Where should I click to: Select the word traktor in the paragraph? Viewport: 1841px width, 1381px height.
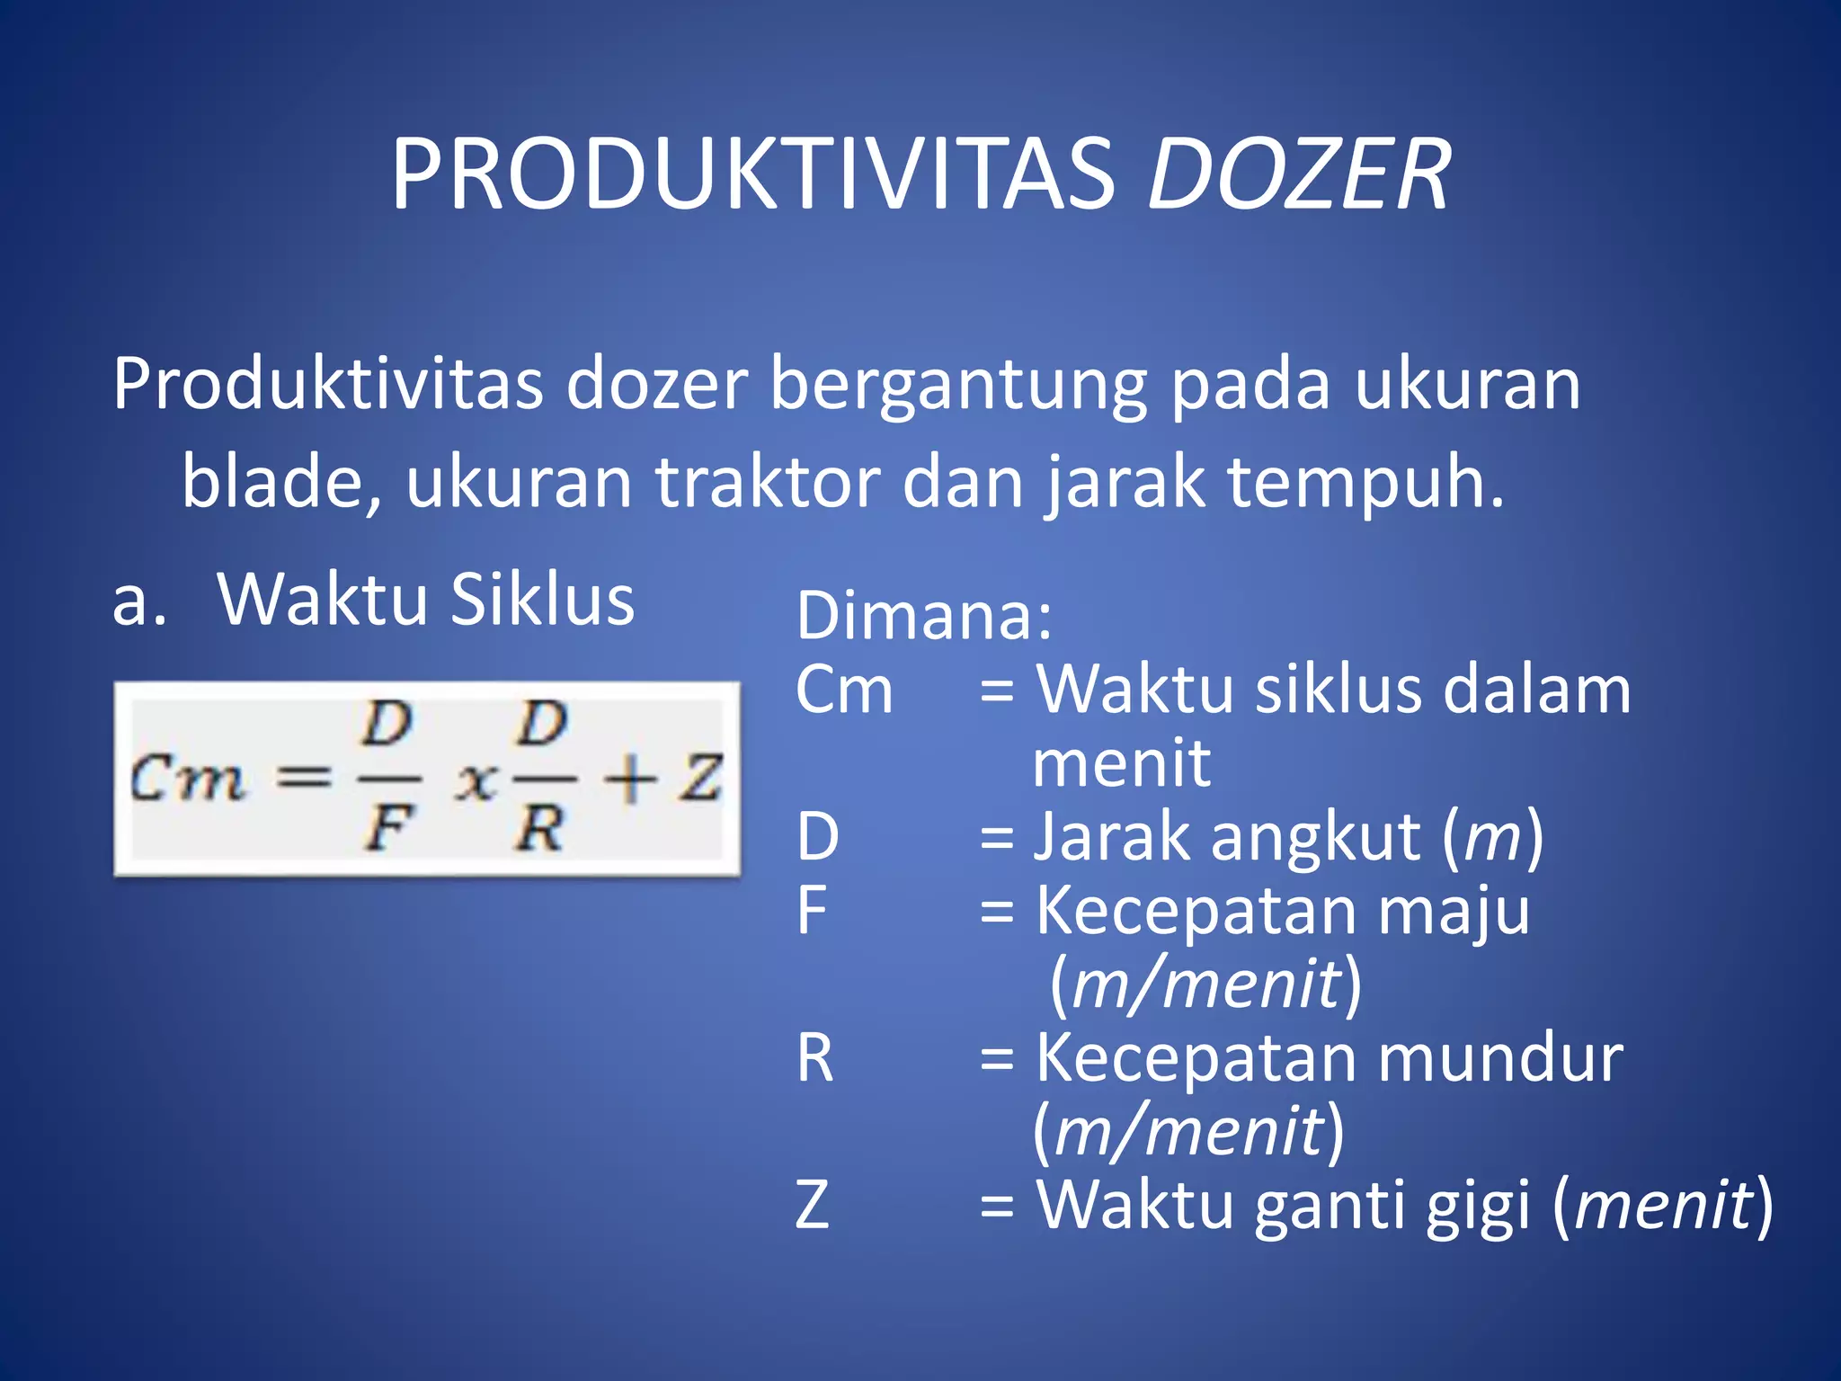tap(767, 483)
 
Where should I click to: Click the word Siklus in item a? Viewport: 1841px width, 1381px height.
tap(542, 600)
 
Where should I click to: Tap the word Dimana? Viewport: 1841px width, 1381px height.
tap(924, 617)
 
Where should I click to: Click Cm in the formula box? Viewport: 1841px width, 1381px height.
tap(187, 779)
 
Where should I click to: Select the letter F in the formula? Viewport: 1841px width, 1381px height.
tap(388, 829)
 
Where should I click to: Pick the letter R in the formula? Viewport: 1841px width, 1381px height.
tap(539, 829)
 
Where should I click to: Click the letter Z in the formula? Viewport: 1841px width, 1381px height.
tap(700, 779)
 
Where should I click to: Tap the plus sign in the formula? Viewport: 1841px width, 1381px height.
tap(629, 779)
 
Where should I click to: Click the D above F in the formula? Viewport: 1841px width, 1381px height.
tap(388, 725)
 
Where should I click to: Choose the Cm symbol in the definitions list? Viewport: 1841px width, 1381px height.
tap(844, 691)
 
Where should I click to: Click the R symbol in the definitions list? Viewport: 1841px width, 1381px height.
tap(815, 1058)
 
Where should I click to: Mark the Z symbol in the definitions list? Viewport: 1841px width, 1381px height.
tap(813, 1205)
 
